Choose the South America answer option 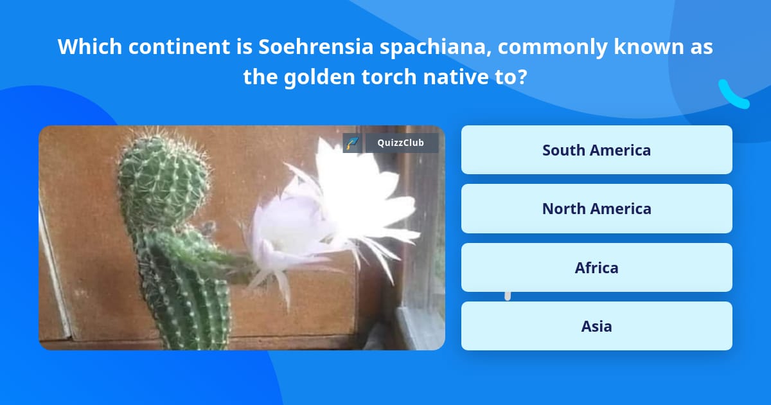596,150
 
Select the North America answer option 596,208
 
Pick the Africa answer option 596,267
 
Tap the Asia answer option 596,326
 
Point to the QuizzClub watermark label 402,143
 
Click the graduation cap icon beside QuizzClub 352,143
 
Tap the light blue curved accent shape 733,94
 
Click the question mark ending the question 522,77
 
